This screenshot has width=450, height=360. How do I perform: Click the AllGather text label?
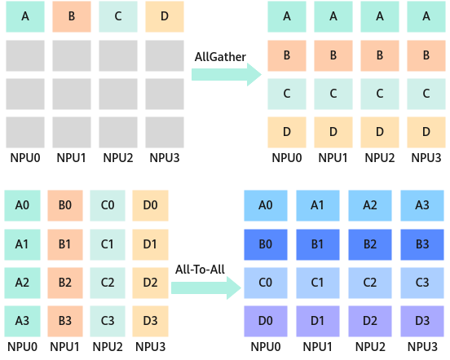click(220, 57)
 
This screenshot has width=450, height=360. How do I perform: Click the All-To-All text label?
click(200, 270)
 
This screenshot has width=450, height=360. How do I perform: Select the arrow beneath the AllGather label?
click(227, 74)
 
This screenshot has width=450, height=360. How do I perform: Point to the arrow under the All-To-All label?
click(206, 288)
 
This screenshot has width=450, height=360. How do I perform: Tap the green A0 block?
click(22, 205)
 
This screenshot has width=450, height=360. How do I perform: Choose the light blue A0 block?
click(266, 205)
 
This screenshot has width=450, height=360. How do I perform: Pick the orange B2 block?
click(65, 283)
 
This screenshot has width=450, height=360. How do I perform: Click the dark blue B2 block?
click(370, 244)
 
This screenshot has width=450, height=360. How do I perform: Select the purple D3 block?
click(422, 321)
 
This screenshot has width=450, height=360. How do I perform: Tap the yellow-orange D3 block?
click(150, 321)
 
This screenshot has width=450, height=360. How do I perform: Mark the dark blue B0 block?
click(266, 244)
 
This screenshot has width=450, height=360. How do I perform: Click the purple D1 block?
click(318, 321)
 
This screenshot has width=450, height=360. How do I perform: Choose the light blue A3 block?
click(422, 205)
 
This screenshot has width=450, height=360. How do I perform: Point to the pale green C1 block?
click(108, 244)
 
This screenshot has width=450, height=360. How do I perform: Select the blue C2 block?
click(370, 283)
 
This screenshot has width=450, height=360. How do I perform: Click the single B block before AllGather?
click(72, 16)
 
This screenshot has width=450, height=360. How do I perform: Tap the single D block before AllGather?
click(165, 16)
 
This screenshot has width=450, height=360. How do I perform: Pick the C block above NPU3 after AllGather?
click(426, 94)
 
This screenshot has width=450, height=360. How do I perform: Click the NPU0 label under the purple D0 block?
click(266, 347)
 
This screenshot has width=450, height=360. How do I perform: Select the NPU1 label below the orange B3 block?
click(64, 347)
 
